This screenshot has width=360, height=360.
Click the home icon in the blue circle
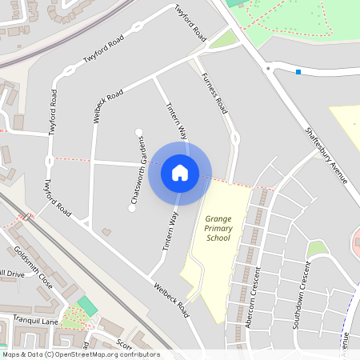click(x=180, y=172)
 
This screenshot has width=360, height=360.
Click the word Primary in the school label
click(x=218, y=228)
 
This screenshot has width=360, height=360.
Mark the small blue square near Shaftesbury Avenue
click(x=298, y=72)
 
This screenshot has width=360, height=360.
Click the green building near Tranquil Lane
click(x=87, y=306)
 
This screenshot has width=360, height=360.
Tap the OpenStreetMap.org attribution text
click(x=108, y=354)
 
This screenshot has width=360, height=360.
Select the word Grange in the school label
click(x=218, y=218)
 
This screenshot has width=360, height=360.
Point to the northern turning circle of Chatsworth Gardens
click(x=139, y=130)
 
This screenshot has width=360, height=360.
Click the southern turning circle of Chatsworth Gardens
click(x=132, y=210)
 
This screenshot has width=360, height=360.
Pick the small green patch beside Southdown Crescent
click(x=318, y=249)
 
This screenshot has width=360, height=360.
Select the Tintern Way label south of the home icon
click(x=170, y=233)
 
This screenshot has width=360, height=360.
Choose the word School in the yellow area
click(x=218, y=238)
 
